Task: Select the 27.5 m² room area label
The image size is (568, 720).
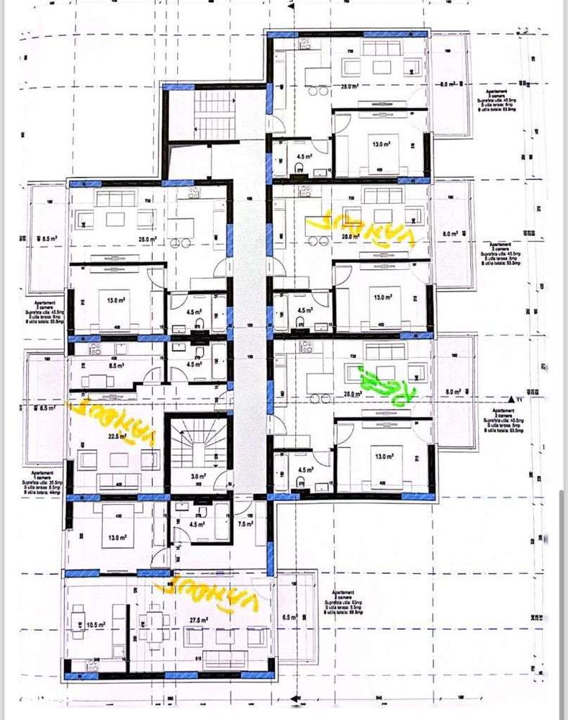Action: [x=199, y=620]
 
